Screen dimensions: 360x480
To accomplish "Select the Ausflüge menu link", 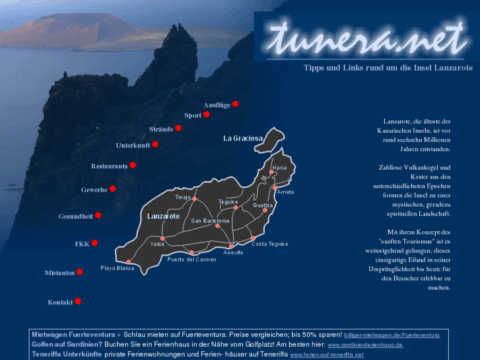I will coord(217,104).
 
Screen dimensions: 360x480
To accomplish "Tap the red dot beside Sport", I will coord(206,114).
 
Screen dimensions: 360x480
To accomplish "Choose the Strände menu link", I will coord(161,129).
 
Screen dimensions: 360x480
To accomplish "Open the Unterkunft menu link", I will coord(133,145).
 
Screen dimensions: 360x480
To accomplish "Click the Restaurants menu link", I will coord(109,166).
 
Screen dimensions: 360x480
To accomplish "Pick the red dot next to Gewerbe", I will coord(112,189).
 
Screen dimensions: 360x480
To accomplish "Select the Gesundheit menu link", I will coord(75,216).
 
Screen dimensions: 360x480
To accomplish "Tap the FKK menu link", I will coord(82,244).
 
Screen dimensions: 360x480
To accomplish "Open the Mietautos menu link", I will coord(59,272).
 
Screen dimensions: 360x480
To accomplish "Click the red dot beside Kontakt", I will coord(78,301).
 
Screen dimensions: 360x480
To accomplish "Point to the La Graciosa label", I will coord(243,139).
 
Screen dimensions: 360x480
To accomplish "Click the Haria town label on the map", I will coord(279,168).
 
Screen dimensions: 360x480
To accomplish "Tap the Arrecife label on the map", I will coord(233,252).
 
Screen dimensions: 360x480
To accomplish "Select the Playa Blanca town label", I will coord(117,268).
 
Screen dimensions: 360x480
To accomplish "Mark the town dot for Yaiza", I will coord(162,238).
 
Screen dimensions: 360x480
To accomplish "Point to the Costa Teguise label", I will coord(269,244).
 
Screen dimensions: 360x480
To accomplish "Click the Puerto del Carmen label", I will coord(191,259).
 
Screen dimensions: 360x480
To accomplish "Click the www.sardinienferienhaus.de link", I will coord(365,345).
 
